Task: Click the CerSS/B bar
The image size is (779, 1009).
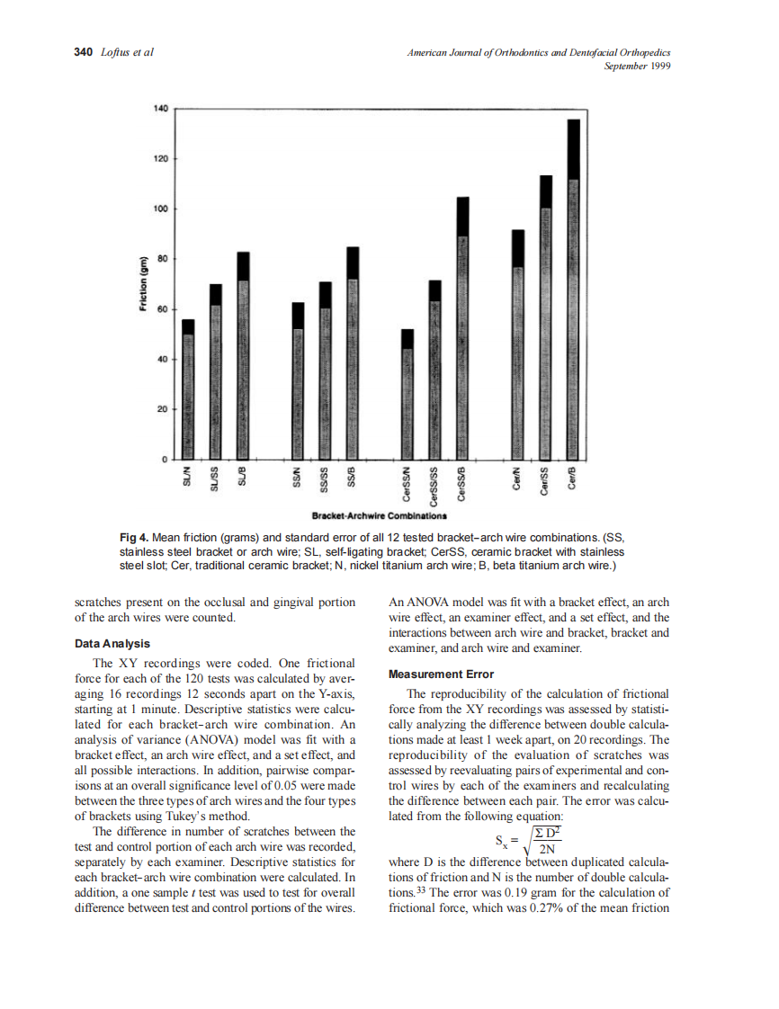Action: click(x=463, y=328)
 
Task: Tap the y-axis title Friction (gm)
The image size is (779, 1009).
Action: click(x=142, y=284)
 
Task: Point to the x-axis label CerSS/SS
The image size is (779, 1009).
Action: click(x=435, y=485)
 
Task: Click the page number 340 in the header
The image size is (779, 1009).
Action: click(x=83, y=52)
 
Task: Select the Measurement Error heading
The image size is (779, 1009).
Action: click(x=440, y=674)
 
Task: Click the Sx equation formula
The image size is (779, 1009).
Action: click(x=529, y=844)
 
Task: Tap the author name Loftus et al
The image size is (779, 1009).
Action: click(x=127, y=52)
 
